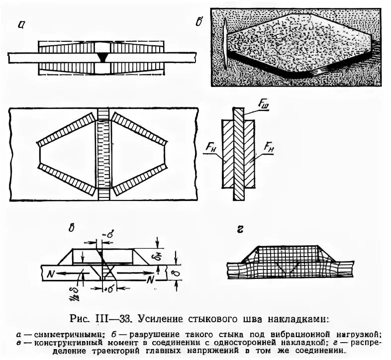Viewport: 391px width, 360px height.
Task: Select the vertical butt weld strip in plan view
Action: tap(103, 154)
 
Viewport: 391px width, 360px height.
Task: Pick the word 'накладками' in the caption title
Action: tap(299, 317)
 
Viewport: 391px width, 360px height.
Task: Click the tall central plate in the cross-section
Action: tap(240, 154)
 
